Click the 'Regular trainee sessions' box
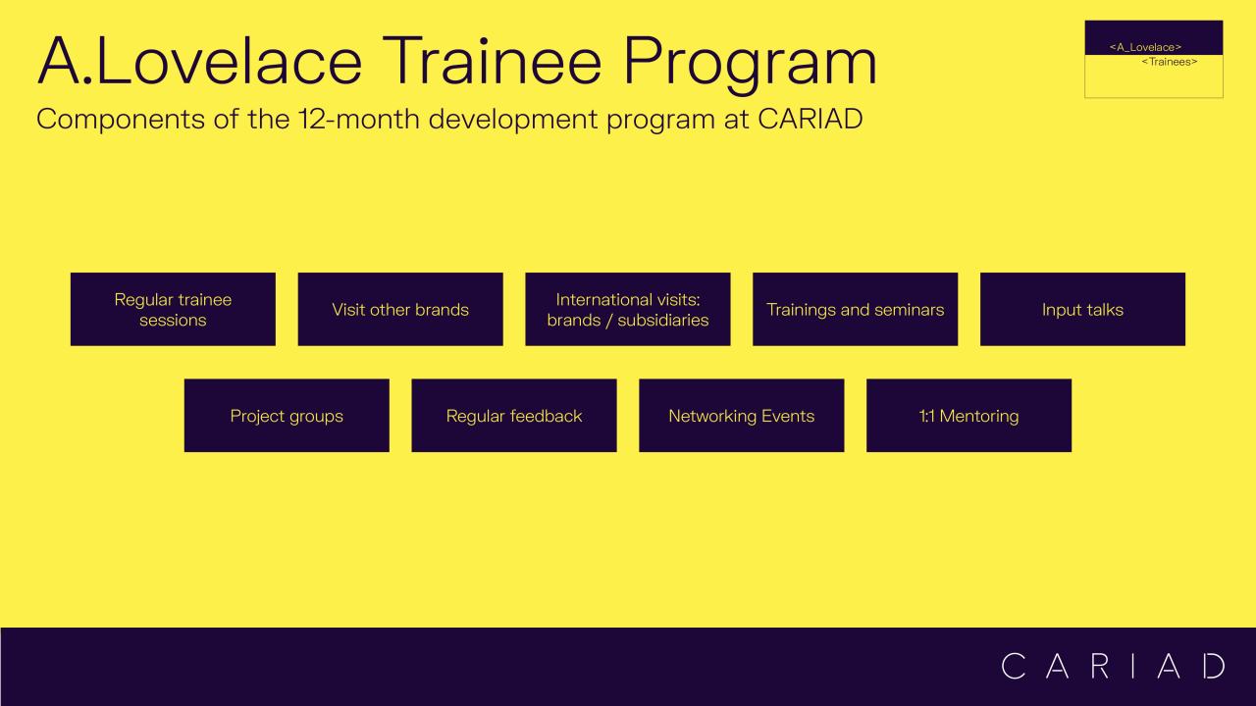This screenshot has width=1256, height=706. [173, 309]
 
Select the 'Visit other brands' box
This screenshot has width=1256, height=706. [400, 309]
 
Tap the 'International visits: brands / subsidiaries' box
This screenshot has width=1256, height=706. [627, 309]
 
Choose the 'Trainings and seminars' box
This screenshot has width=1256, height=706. [855, 309]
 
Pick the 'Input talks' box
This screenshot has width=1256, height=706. [1082, 309]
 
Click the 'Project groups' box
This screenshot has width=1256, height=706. [287, 415]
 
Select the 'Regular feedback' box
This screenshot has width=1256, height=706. [514, 415]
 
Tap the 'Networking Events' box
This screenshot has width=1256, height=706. [741, 415]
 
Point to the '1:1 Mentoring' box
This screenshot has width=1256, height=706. [968, 415]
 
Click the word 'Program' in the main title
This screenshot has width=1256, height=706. [751, 65]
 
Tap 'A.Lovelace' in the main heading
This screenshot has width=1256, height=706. [199, 61]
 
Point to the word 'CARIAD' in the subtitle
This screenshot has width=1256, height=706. [811, 119]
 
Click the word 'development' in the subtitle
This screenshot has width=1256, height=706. [513, 120]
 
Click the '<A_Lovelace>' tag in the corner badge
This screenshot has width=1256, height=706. [1145, 47]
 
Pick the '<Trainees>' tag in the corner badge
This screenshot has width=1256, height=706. [1170, 62]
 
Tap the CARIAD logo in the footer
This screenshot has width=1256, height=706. [1113, 666]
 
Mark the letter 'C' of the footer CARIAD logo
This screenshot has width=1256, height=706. [1014, 666]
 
